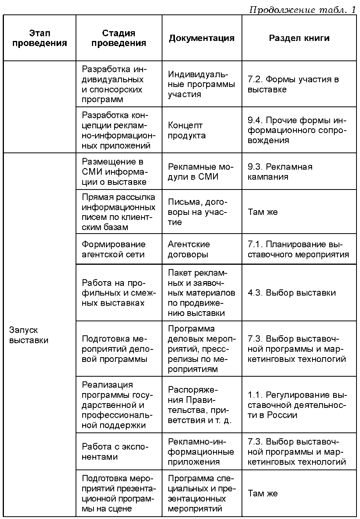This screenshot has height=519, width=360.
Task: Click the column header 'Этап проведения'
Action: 39,38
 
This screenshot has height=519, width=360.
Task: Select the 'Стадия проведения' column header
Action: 118,38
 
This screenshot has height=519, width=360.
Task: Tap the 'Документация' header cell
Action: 201,38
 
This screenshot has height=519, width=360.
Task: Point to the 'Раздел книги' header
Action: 299,38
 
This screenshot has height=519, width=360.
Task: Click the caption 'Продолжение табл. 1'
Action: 302,10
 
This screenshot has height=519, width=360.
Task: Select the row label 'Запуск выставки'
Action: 29,335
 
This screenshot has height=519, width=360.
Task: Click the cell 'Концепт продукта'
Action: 187,131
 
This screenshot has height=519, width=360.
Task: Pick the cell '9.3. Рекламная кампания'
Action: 280,172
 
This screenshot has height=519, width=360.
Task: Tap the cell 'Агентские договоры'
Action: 189,249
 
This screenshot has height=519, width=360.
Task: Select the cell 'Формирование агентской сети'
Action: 113,249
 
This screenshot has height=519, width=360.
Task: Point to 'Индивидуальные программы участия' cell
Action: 201,84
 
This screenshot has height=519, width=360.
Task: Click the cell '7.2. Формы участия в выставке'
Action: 293,84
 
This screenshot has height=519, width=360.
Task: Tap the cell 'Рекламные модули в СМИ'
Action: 200,172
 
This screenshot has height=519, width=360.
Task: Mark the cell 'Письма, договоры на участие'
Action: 197,212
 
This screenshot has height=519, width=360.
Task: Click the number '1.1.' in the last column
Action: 255,395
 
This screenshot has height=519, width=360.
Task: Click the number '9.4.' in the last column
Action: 255,120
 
